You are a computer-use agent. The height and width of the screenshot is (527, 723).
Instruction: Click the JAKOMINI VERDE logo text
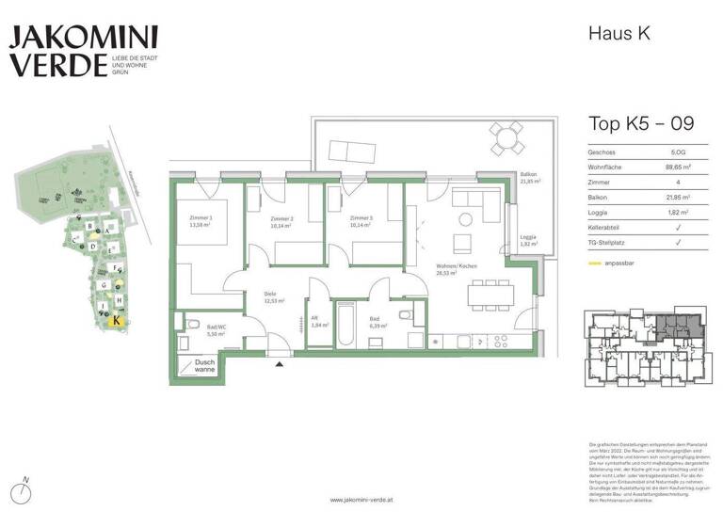pos(72,51)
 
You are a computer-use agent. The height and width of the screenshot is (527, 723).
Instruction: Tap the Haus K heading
pos(619,34)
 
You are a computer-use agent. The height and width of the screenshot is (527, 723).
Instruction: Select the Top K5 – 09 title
pos(641,123)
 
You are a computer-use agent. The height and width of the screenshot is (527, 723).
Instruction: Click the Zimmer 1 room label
pos(201,221)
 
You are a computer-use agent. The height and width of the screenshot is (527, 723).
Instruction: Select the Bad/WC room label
pos(217,330)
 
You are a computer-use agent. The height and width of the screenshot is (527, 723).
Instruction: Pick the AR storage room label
pos(319,322)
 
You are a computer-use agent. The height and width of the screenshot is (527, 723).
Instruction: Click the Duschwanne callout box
pos(204,365)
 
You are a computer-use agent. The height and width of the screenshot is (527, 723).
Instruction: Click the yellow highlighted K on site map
pos(116,320)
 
